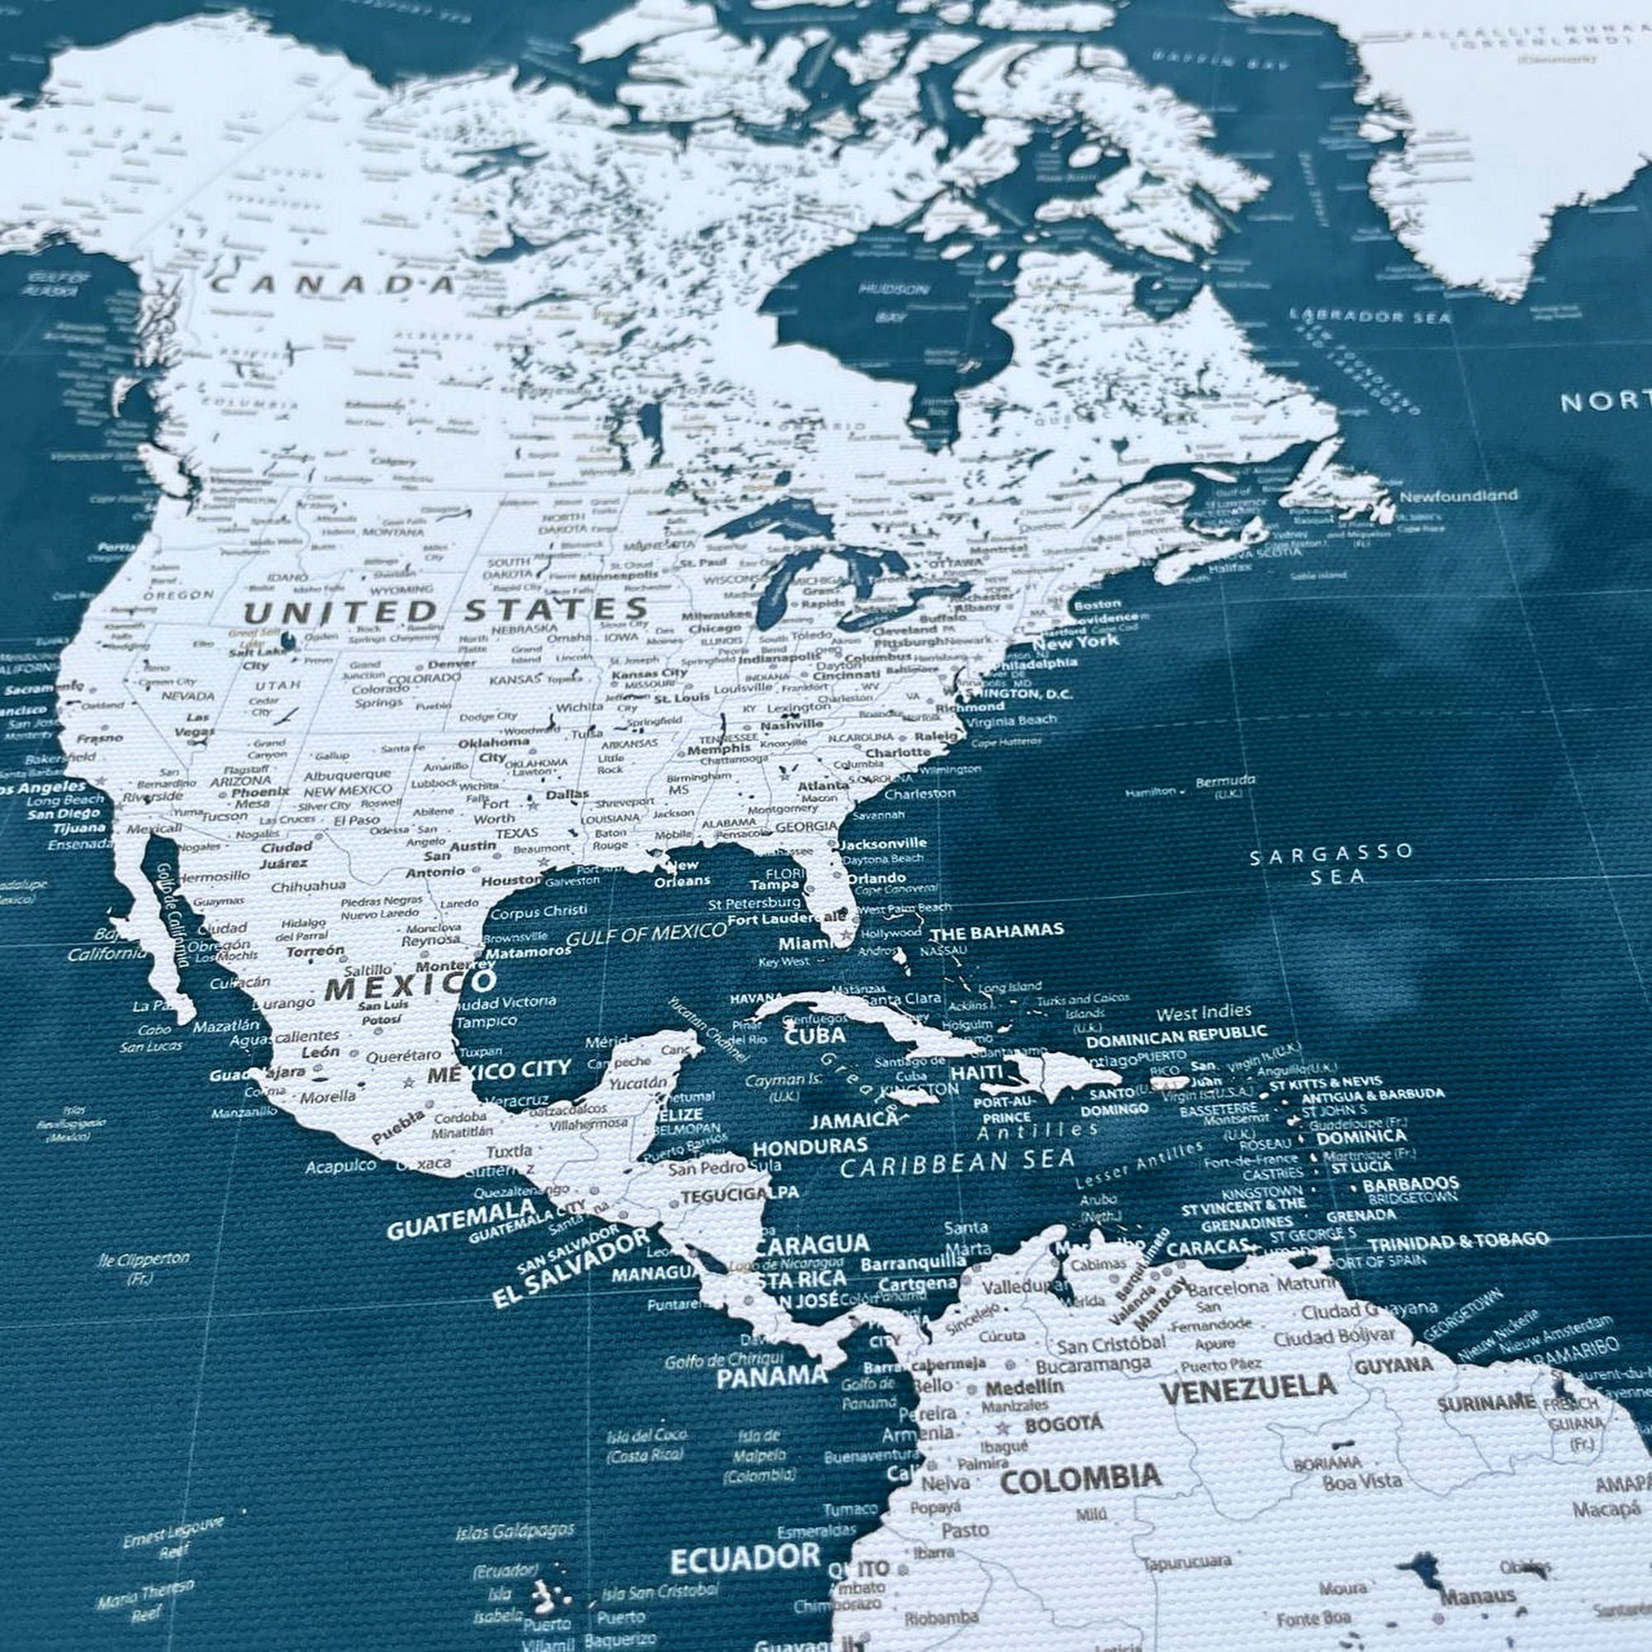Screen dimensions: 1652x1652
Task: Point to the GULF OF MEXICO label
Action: tap(646, 933)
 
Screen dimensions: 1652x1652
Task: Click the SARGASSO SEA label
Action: tap(1332, 864)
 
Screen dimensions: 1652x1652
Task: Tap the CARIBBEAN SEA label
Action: tap(957, 1163)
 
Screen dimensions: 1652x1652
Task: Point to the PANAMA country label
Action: tap(772, 1376)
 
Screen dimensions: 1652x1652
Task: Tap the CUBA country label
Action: tap(815, 1036)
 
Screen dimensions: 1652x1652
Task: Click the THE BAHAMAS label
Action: tap(996, 930)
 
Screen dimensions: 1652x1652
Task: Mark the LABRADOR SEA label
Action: tap(1370, 316)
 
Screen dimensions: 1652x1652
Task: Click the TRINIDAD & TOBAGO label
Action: tap(1458, 1241)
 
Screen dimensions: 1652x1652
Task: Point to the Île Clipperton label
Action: tap(143, 1260)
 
